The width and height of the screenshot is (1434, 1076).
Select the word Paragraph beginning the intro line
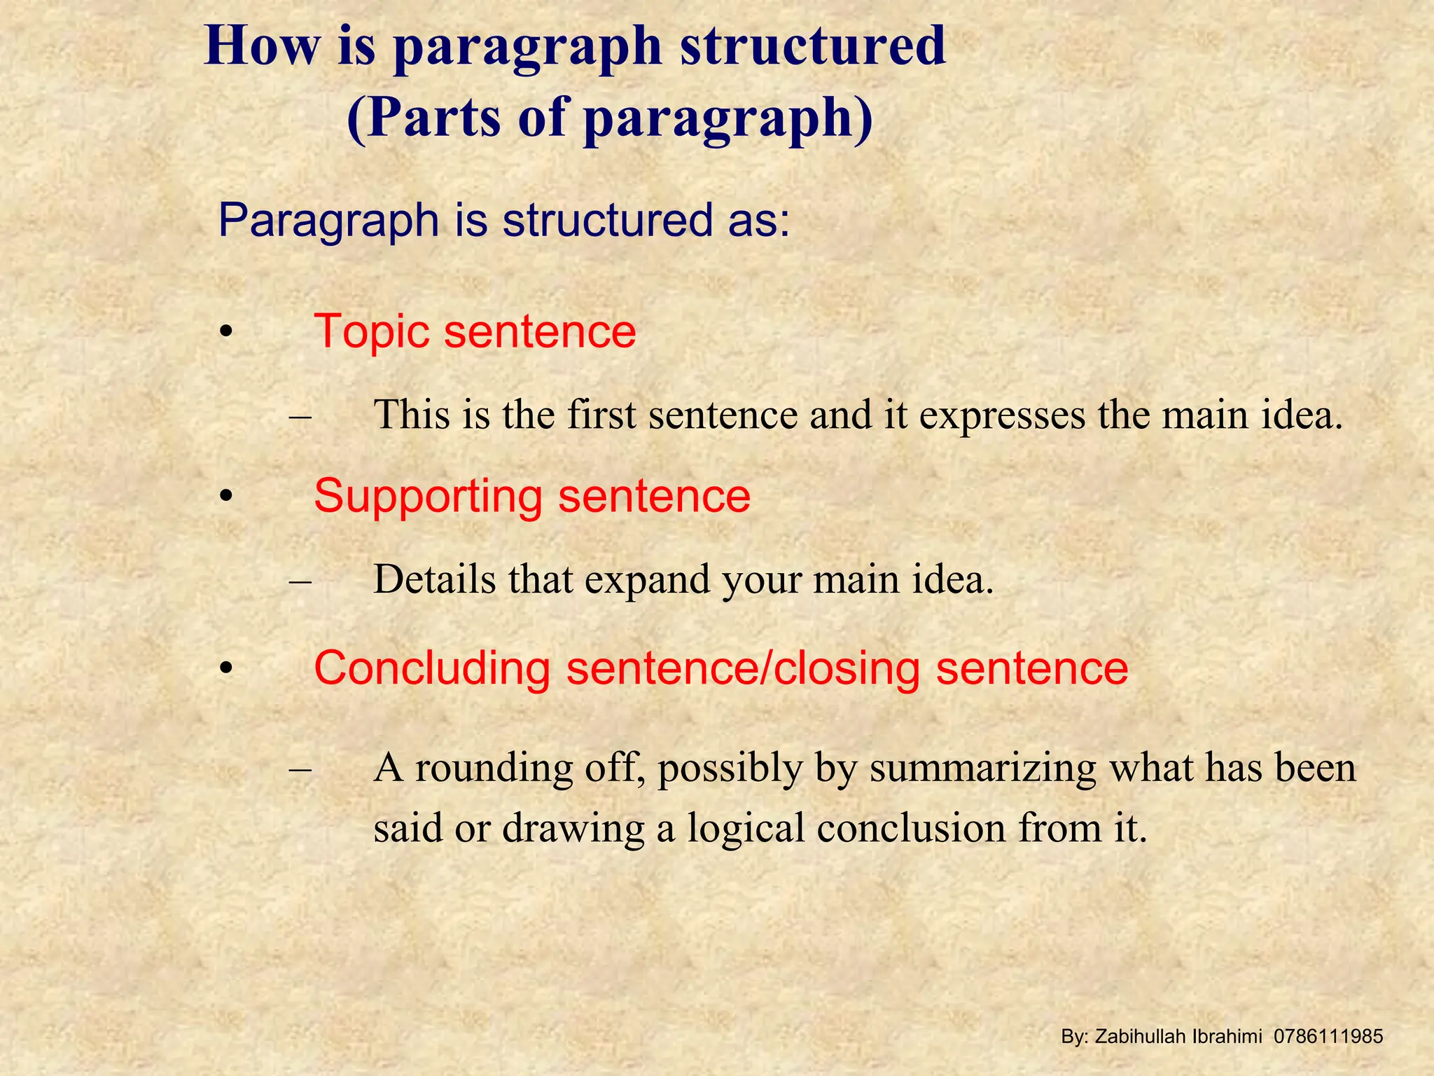point(328,221)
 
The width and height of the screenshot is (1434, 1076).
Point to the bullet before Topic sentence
point(225,332)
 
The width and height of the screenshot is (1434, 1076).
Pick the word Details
point(434,579)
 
